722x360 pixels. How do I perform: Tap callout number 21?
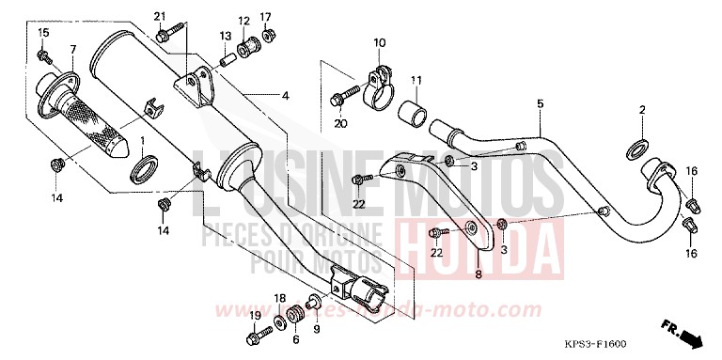pos(159,17)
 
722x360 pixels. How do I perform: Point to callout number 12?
pos(243,21)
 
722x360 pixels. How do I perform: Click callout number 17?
pos(266,17)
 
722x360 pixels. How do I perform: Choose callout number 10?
pos(379,42)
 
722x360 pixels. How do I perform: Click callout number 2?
pos(642,110)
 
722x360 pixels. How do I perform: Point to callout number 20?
pos(340,123)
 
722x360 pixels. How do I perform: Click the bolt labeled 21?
pos(165,36)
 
